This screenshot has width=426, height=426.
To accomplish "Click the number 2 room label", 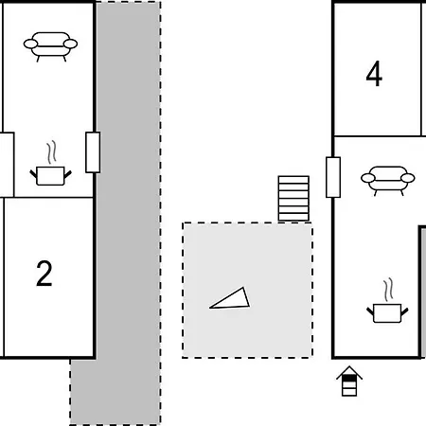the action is [x=44, y=274].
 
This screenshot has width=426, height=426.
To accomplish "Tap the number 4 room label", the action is [x=374, y=74].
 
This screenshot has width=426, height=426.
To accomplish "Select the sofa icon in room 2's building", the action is [x=50, y=46].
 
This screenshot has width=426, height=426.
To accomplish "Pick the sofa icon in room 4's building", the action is [x=388, y=181].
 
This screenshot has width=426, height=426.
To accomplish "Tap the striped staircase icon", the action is [x=293, y=199].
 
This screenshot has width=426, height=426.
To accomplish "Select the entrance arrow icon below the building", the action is [x=349, y=381].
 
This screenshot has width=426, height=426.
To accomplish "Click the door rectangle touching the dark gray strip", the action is [x=93, y=152].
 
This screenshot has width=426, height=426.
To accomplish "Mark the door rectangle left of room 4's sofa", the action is [x=333, y=177].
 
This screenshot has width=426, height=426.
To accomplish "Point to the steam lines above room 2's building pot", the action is [x=52, y=151].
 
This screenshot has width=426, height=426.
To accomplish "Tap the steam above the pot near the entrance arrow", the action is [x=389, y=289].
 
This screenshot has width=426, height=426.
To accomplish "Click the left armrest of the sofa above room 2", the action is [x=30, y=44].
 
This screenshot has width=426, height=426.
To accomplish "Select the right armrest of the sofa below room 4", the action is [x=408, y=178].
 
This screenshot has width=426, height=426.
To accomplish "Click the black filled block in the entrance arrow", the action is [x=349, y=378].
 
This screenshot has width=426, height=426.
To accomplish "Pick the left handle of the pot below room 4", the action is [x=370, y=311].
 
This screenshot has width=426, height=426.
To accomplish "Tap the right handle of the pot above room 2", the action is [x=68, y=174].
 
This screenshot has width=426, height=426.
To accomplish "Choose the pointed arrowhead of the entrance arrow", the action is [x=349, y=370].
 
